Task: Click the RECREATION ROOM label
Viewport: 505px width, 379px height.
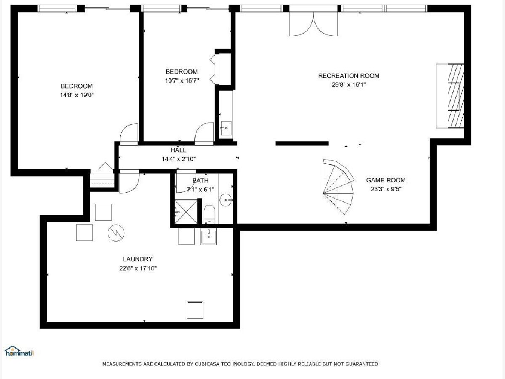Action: [x=348, y=76]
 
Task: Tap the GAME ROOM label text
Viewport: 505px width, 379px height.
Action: [x=386, y=180]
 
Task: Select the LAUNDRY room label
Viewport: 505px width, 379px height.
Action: [x=138, y=259]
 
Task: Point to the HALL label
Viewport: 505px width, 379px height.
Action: [x=178, y=150]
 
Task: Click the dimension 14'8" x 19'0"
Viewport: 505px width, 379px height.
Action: [x=77, y=95]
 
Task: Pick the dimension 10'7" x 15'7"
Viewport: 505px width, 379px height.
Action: [x=182, y=80]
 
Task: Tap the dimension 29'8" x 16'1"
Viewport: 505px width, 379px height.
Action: [x=348, y=85]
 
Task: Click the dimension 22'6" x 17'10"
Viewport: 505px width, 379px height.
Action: [x=138, y=268]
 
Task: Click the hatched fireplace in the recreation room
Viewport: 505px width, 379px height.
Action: [x=456, y=96]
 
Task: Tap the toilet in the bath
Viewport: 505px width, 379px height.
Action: [x=209, y=214]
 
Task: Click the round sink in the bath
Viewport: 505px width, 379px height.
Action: [x=226, y=200]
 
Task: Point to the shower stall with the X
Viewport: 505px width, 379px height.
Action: [x=186, y=212]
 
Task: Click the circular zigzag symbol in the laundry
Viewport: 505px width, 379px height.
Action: [x=116, y=233]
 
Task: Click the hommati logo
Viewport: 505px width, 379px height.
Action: [x=19, y=351]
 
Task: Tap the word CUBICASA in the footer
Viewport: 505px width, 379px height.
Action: [x=207, y=364]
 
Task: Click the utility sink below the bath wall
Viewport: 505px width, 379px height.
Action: [x=208, y=236]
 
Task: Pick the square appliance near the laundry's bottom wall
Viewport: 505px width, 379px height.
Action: [x=195, y=310]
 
